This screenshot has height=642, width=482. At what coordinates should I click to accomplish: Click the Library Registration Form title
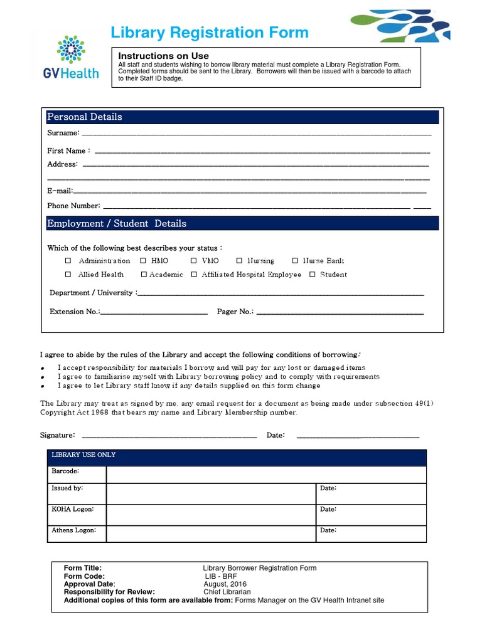click(x=210, y=33)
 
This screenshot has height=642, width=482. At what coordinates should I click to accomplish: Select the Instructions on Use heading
click(x=164, y=56)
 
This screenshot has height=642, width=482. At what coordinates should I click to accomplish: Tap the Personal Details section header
click(x=85, y=117)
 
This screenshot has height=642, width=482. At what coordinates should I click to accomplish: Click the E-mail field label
click(x=60, y=191)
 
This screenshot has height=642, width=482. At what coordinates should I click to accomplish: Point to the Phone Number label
click(x=73, y=206)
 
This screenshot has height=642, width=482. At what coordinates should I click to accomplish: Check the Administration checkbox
click(x=68, y=261)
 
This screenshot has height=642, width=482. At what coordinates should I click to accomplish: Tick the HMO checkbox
click(x=143, y=261)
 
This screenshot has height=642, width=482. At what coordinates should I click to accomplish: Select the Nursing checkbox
click(x=239, y=261)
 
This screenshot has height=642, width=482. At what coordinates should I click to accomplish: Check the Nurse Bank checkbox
click(x=295, y=261)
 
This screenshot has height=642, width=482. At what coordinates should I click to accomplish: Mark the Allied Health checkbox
click(x=68, y=275)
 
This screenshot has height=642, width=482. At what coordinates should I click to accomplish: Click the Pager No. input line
click(x=340, y=312)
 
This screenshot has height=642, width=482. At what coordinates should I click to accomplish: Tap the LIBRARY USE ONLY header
click(x=83, y=455)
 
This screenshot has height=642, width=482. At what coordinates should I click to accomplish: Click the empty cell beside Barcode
click(x=265, y=474)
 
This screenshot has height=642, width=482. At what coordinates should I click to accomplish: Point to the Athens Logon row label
click(x=73, y=530)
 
